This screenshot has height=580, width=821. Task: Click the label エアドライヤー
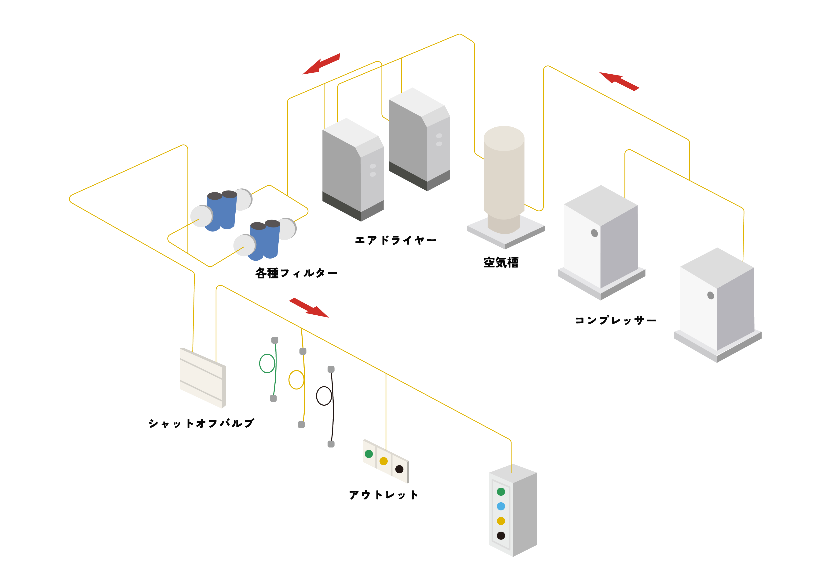[x=395, y=240]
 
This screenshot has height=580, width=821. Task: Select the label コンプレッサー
[x=615, y=320]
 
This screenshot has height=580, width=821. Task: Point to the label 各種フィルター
[x=296, y=273]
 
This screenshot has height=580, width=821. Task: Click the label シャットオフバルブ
[x=201, y=423]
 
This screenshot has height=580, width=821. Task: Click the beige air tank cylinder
[x=504, y=175]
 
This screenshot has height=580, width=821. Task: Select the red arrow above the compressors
[x=619, y=81]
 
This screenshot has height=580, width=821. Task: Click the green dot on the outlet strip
[x=369, y=454]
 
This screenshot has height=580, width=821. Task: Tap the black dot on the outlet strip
[x=399, y=469]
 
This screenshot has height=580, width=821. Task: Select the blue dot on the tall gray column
[x=501, y=506]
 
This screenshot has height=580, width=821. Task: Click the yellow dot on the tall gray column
[x=501, y=521]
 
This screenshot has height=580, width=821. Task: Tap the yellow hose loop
[x=296, y=380]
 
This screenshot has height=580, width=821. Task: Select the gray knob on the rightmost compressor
[x=711, y=295]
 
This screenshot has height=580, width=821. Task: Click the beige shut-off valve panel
[x=202, y=378]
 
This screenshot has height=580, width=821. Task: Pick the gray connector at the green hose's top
[x=275, y=340]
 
